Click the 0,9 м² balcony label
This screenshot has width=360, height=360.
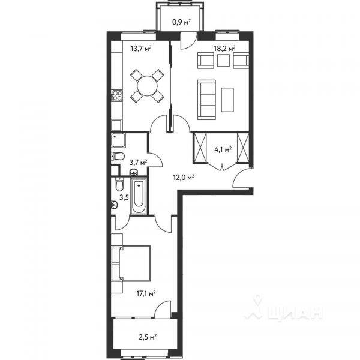point(181,23)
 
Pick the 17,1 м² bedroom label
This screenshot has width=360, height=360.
point(146,293)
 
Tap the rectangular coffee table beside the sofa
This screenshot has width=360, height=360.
point(227,100)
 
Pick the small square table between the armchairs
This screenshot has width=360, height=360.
point(223,60)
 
